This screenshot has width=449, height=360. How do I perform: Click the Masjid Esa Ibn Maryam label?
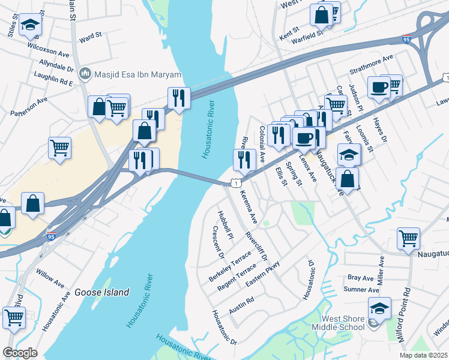(x=137, y=73)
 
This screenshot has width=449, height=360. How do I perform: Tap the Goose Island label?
(x=101, y=292)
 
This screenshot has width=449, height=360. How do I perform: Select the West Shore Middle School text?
(x=343, y=323)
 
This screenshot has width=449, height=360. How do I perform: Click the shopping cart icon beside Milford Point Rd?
(x=409, y=238)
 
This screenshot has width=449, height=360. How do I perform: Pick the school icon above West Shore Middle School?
(x=379, y=309)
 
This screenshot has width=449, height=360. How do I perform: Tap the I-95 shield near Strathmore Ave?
(x=408, y=39)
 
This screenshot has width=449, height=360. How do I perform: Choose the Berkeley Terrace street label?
(x=231, y=268)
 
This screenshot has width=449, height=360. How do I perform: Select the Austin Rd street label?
(x=242, y=305)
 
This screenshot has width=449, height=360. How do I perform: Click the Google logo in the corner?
(x=20, y=353)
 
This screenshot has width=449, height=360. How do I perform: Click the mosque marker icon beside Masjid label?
(x=85, y=73)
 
